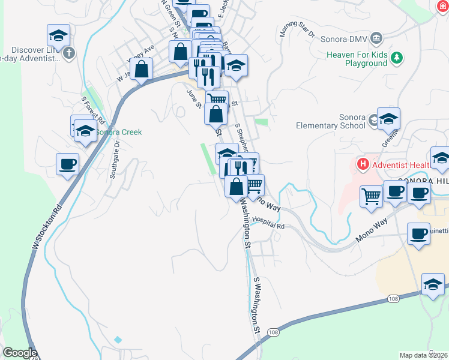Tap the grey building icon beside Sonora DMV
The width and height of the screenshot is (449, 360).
376,39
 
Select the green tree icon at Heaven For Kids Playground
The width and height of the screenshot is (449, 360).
396,58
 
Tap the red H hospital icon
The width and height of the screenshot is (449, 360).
362,163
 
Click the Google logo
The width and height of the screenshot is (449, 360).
20,353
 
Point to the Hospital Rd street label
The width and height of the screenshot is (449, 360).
268,223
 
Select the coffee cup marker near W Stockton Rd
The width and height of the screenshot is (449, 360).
67,163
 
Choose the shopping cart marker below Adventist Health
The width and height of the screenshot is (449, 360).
372,195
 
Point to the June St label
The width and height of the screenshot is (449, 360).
194,99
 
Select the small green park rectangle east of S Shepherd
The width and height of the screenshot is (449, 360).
261,122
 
